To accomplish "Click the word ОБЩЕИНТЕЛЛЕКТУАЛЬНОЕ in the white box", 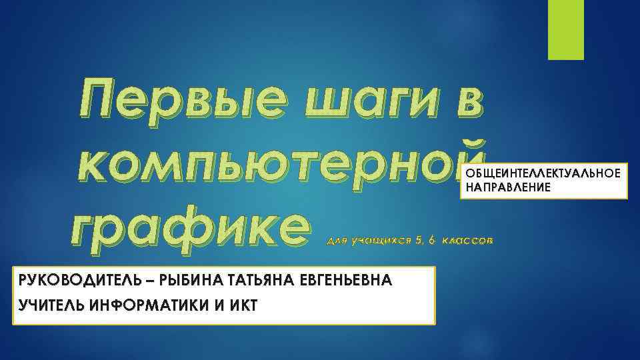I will [x=543, y=174].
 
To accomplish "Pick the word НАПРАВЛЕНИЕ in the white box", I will [x=508, y=188].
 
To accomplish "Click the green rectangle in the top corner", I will [x=565, y=29].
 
